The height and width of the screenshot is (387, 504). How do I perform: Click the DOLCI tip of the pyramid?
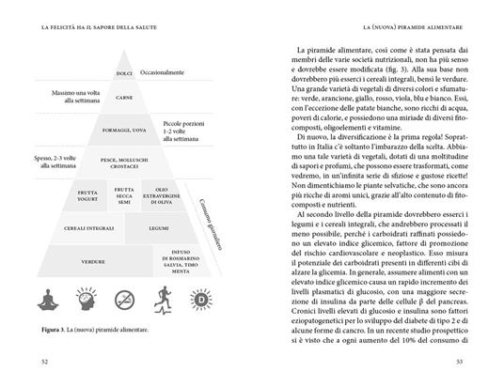click(x=122, y=71)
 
